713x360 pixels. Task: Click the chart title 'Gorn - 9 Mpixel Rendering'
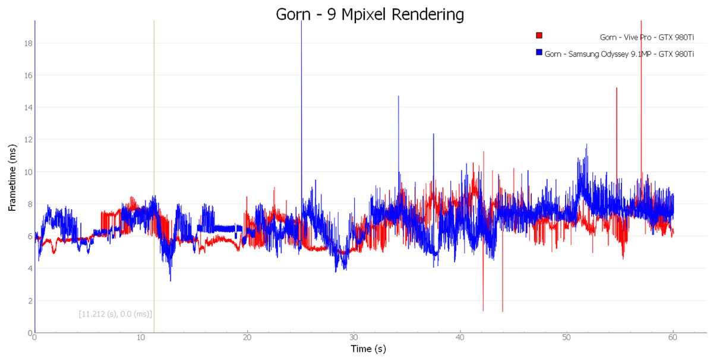click(x=370, y=14)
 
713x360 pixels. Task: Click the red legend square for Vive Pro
click(x=539, y=35)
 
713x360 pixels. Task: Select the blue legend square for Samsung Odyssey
click(x=539, y=52)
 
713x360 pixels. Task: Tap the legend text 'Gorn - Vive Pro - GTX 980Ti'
click(x=647, y=37)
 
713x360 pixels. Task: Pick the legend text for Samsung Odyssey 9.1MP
click(x=619, y=54)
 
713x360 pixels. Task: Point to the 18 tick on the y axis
click(x=29, y=43)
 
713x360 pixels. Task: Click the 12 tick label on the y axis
click(x=29, y=140)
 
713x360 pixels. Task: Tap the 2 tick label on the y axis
click(x=30, y=301)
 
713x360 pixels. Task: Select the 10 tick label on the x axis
click(x=141, y=337)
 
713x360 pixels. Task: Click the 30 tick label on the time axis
click(x=354, y=337)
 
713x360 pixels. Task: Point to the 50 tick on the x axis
click(x=566, y=337)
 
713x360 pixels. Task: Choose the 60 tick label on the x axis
click(x=673, y=337)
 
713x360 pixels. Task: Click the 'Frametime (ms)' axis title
click(x=12, y=178)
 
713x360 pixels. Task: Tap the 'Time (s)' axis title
click(x=368, y=349)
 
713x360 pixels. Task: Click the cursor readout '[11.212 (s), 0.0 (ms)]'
click(x=115, y=314)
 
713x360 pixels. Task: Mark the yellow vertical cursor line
click(x=154, y=176)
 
